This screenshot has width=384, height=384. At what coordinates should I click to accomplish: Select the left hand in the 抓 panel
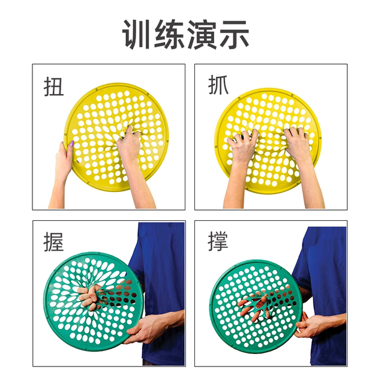click(243, 147)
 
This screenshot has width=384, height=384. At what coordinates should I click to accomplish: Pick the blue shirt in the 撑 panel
click(327, 264)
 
